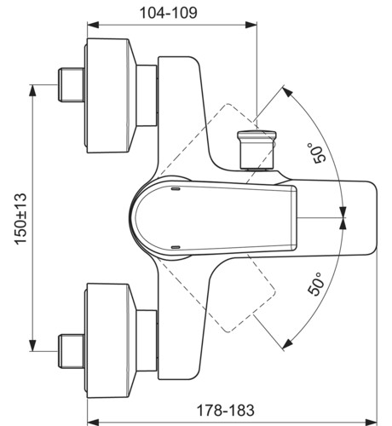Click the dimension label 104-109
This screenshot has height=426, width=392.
(x=169, y=13)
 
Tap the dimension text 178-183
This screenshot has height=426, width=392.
(x=226, y=410)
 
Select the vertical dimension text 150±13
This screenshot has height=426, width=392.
(x=20, y=219)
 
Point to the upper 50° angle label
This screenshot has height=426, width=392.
(x=319, y=153)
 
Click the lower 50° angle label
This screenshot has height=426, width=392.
(x=316, y=284)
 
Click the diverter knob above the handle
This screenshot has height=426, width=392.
(x=257, y=150)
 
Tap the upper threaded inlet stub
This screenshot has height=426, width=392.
(x=72, y=84)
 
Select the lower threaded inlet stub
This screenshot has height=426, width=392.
(x=72, y=351)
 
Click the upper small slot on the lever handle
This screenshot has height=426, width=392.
(x=176, y=188)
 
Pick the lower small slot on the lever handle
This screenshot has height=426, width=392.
(x=176, y=247)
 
